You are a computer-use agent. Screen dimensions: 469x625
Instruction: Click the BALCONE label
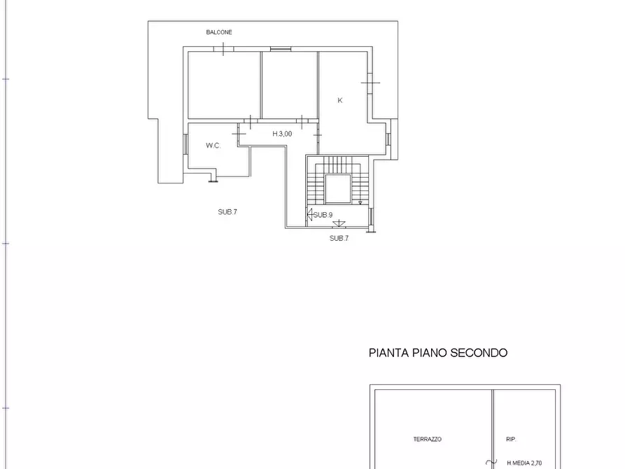click(219, 32)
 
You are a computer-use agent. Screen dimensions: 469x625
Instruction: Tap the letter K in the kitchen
click(340, 101)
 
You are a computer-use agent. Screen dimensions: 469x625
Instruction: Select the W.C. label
click(213, 146)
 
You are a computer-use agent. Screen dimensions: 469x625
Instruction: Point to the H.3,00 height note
click(282, 134)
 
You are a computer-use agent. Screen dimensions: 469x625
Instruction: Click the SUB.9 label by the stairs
click(323, 215)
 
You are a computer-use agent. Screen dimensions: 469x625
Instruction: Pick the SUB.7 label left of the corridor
click(227, 211)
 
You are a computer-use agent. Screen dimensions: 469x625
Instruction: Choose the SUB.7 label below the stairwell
click(339, 238)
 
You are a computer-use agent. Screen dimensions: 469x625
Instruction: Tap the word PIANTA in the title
click(389, 353)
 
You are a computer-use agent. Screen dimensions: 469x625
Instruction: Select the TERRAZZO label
click(427, 440)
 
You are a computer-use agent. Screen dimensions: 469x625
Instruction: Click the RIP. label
click(511, 440)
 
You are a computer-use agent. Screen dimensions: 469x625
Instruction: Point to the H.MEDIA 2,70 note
click(524, 463)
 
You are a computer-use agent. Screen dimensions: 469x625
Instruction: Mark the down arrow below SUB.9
click(339, 223)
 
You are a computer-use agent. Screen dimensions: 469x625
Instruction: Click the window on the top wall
click(280, 48)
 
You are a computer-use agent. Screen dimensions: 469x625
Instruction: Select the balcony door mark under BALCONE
click(223, 49)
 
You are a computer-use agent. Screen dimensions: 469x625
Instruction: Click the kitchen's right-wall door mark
click(370, 83)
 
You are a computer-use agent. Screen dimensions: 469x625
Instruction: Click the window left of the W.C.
click(185, 143)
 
